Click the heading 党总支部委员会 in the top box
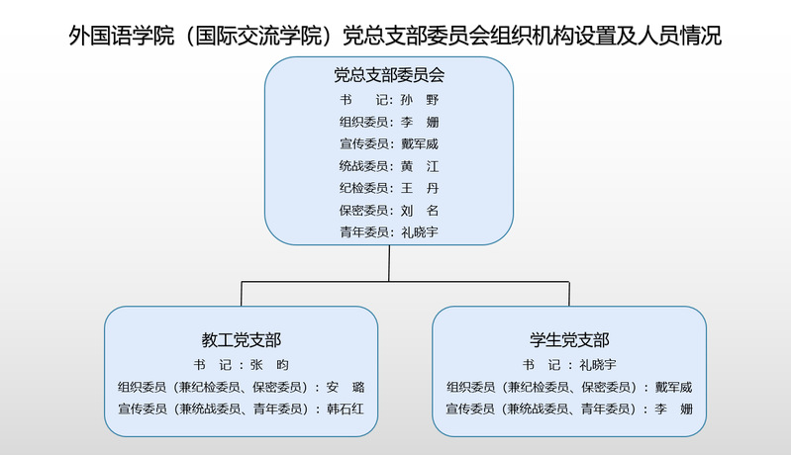[x=389, y=75]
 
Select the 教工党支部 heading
[x=242, y=340]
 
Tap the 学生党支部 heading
[x=569, y=340]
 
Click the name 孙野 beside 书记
[x=420, y=100]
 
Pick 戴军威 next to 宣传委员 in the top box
[x=420, y=144]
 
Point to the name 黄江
[x=420, y=166]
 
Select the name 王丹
[x=420, y=189]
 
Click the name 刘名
[x=420, y=211]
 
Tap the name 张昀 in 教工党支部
[x=269, y=365]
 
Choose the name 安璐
[x=346, y=387]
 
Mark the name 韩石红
[x=346, y=409]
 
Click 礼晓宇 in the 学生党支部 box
[x=598, y=365]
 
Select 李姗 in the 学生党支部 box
[x=674, y=409]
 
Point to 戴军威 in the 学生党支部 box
[x=674, y=387]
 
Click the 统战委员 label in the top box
[x=363, y=166]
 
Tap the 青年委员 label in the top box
[x=363, y=232]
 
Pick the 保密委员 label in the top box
[x=363, y=211]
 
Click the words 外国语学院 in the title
[x=122, y=36]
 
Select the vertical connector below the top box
[x=389, y=263]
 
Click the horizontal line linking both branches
[x=405, y=282]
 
